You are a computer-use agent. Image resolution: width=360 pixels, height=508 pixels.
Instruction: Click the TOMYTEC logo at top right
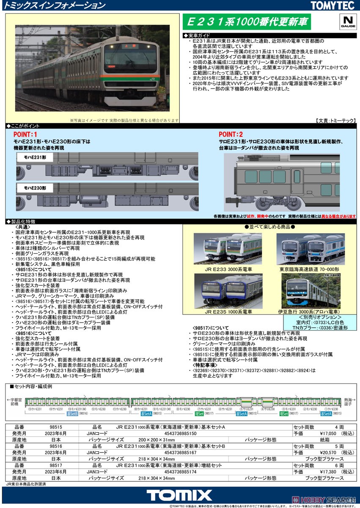tap(334, 6)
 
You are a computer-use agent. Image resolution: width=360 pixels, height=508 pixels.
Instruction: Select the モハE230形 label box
tap(33, 187)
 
